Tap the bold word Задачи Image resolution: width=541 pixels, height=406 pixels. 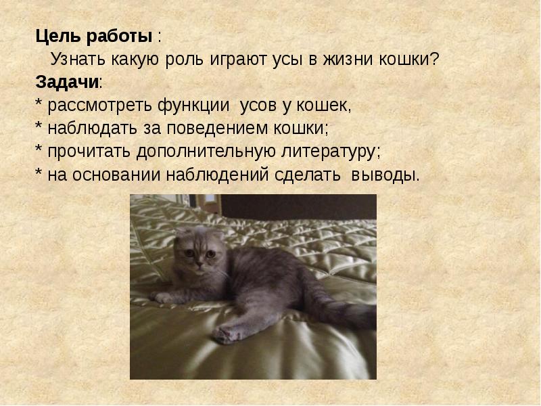[67, 83]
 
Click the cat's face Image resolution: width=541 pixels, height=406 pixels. [198, 253]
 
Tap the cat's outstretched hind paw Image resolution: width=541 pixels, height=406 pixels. [227, 332]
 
